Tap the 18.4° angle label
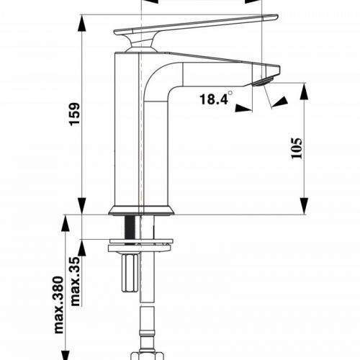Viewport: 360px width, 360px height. click(x=214, y=100)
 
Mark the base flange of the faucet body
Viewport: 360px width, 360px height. click(x=141, y=211)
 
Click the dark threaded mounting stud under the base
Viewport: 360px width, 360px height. click(x=131, y=226)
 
